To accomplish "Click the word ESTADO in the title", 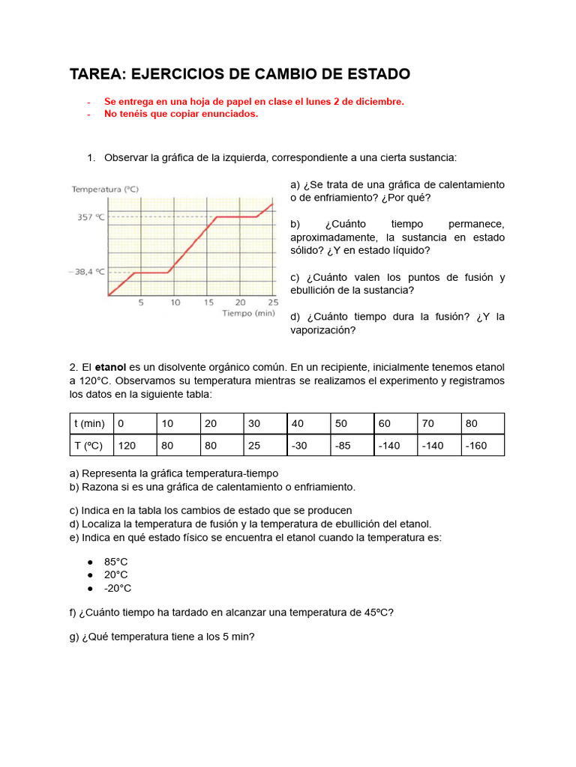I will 373,74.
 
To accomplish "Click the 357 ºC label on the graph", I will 90,217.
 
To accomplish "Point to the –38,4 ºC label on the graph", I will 87,273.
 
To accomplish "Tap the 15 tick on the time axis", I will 208,303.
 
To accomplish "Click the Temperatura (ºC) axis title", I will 105,190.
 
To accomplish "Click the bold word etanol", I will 110,367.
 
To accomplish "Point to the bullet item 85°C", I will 115,561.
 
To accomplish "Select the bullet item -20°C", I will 117,588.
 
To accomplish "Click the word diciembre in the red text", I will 379,101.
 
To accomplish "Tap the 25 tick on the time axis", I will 273,303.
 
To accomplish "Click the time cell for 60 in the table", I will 385,423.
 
